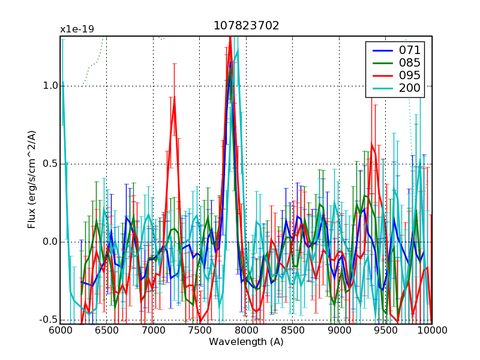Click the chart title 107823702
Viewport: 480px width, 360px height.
pos(246,26)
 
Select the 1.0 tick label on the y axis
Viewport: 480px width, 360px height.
pos(50,86)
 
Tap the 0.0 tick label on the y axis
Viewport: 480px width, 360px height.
pos(50,242)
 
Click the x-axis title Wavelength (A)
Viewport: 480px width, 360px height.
pos(246,342)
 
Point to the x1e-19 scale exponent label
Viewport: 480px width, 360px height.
pos(77,29)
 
